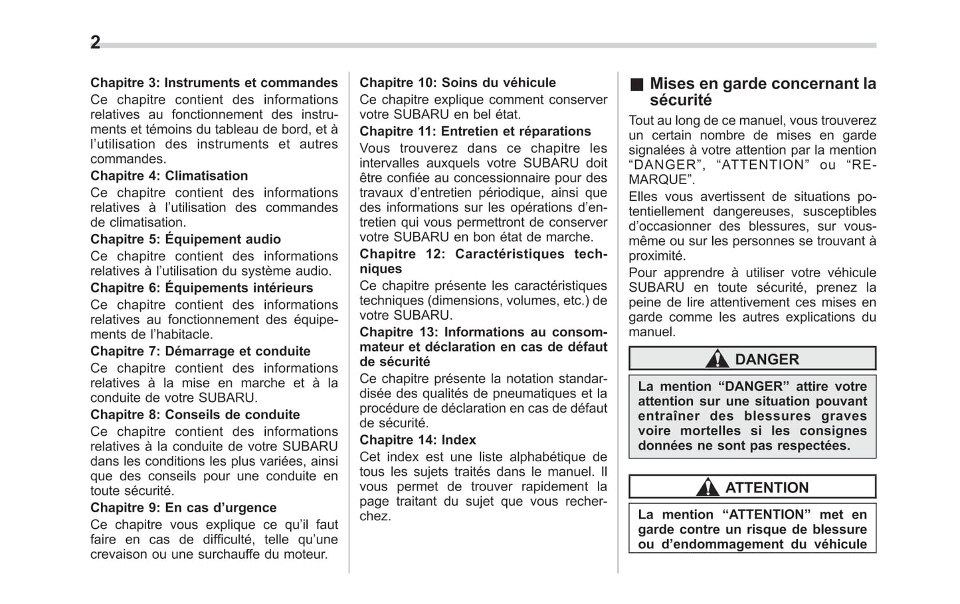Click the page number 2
tap(95, 43)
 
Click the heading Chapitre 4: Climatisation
tap(169, 176)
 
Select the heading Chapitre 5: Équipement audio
tap(185, 239)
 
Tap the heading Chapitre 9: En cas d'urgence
tap(183, 508)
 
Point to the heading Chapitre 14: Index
tap(417, 440)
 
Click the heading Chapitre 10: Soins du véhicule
tap(457, 83)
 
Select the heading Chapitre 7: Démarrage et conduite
tap(200, 352)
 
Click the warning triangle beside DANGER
tap(717, 359)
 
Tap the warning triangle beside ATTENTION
tap(708, 488)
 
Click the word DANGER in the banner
tap(767, 359)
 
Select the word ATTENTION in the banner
tap(767, 488)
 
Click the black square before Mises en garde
tap(637, 84)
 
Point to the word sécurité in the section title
tap(680, 100)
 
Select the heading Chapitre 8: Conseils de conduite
tap(195, 415)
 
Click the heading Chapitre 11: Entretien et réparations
tap(475, 132)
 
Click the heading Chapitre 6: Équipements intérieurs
tap(201, 288)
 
